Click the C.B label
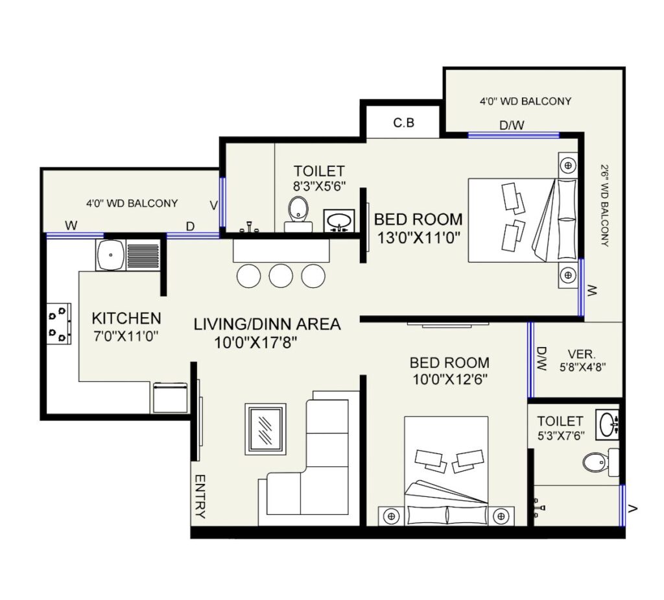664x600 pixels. [x=403, y=123]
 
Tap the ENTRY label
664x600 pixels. [x=200, y=496]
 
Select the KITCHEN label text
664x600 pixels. [x=126, y=318]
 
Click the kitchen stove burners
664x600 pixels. [x=59, y=324]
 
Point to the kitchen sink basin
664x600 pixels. [x=111, y=255]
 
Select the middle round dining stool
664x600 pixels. [x=281, y=276]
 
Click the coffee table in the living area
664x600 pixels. [x=265, y=429]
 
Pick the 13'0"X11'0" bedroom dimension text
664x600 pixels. [x=418, y=237]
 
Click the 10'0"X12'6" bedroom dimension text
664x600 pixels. [x=450, y=379]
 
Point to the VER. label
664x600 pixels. [x=582, y=354]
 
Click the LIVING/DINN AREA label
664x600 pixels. [x=267, y=324]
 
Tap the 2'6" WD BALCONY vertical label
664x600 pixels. [x=605, y=206]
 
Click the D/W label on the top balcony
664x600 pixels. [x=512, y=125]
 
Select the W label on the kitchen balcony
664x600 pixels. [x=71, y=226]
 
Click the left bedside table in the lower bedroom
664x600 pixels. [x=391, y=516]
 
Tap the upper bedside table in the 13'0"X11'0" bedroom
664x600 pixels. [x=568, y=165]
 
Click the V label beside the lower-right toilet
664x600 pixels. [x=633, y=509]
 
